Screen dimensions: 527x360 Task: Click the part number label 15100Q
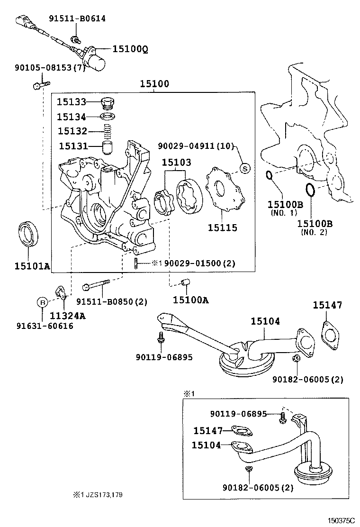coord(130,49)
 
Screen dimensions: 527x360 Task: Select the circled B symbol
coord(42,302)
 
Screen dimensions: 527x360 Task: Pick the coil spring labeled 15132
coord(109,130)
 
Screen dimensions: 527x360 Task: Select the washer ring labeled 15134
coord(109,117)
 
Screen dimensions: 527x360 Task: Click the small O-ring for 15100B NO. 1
coord(269,176)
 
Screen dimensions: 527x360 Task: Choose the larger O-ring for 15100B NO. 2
coord(310,190)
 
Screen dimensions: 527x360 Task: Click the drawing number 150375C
coord(342,520)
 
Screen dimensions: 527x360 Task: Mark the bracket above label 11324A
coord(60,293)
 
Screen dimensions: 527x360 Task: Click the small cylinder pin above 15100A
coord(186,284)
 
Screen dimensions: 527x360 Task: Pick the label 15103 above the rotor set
coord(176,162)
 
